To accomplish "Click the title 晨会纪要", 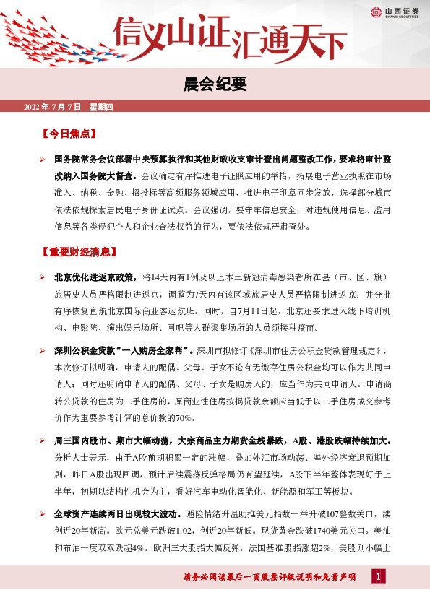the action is (x=215, y=84).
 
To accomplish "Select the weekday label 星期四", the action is (x=101, y=108).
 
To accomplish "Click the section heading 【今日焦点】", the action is (x=69, y=134).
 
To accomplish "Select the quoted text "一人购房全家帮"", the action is (x=151, y=351).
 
